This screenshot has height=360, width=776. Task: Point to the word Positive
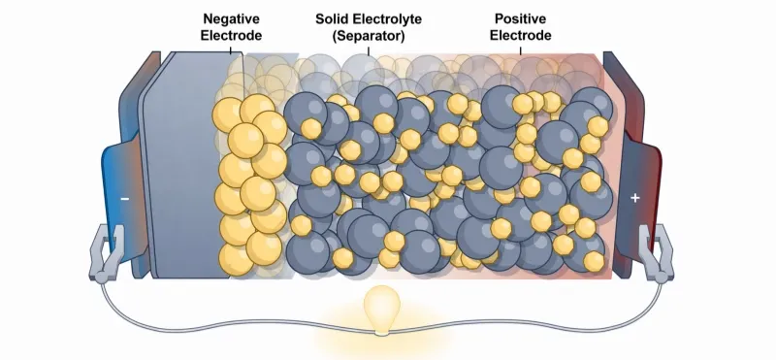click(x=521, y=18)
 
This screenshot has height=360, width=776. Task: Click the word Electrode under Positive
click(x=521, y=35)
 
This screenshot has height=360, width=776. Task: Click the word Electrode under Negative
click(x=232, y=35)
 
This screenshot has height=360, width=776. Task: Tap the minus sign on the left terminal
click(x=124, y=198)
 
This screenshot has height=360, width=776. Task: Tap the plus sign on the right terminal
click(x=635, y=198)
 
